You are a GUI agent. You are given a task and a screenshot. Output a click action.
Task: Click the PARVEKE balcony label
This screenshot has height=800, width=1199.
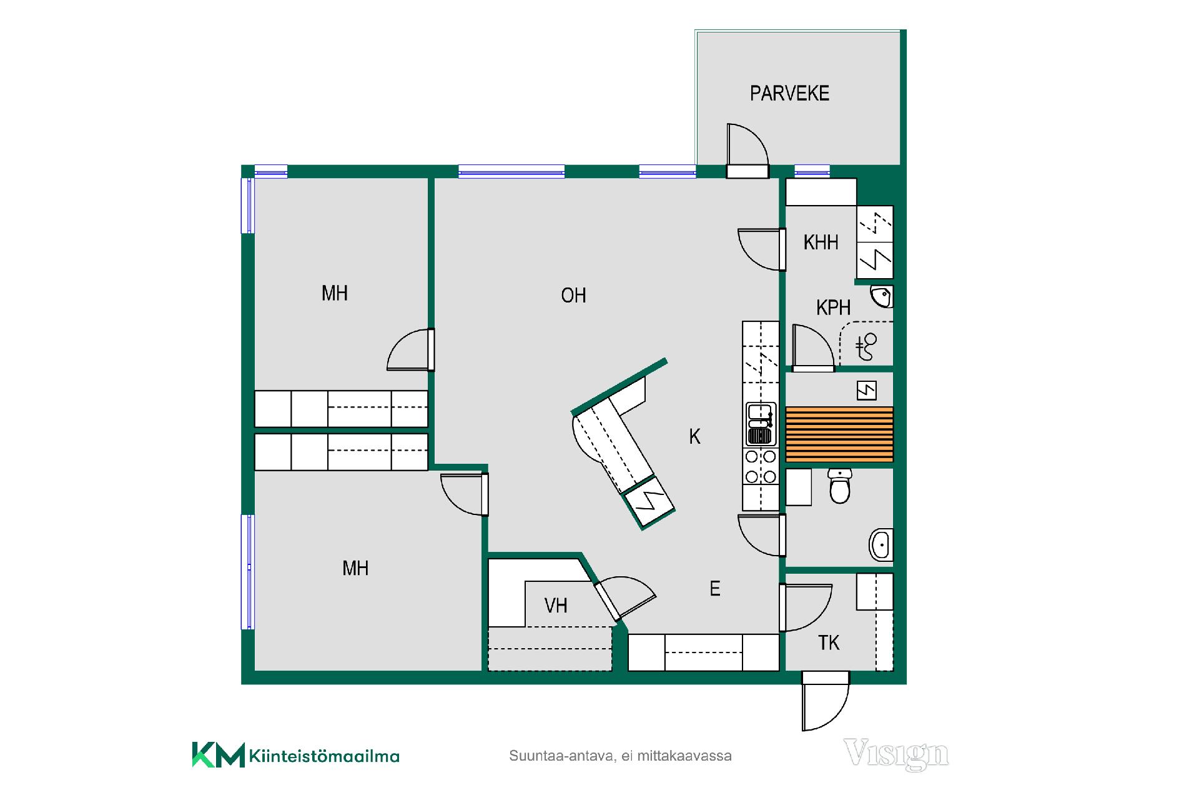click(x=789, y=93)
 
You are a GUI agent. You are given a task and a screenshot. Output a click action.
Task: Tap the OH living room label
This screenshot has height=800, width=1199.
click(x=573, y=295)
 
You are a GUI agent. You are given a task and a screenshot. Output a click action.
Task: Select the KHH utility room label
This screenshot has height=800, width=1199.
click(x=821, y=242)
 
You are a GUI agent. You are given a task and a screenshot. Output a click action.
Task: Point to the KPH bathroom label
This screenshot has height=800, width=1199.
click(x=833, y=307)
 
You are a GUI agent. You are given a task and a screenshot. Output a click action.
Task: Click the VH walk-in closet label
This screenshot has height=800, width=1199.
click(x=556, y=605)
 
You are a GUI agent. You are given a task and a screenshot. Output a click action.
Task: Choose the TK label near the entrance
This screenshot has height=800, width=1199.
click(x=829, y=642)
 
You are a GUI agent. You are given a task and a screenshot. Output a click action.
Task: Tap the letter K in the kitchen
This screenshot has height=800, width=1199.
click(x=694, y=436)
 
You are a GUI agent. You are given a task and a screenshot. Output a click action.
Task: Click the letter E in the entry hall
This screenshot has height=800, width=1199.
click(x=715, y=588)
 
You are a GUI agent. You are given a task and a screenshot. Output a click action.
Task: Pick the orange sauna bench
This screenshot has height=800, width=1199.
click(x=839, y=434)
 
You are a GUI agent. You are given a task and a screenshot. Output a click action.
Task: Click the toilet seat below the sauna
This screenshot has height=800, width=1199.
click(x=840, y=486)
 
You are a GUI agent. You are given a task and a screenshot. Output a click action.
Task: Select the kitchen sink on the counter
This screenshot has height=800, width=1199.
click(x=760, y=424)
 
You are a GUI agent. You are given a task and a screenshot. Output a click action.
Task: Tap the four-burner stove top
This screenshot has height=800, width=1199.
click(x=761, y=467)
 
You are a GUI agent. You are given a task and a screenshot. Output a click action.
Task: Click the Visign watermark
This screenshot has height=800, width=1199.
click(x=896, y=754)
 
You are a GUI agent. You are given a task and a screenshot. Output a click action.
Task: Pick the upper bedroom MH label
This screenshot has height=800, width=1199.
click(x=334, y=293)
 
